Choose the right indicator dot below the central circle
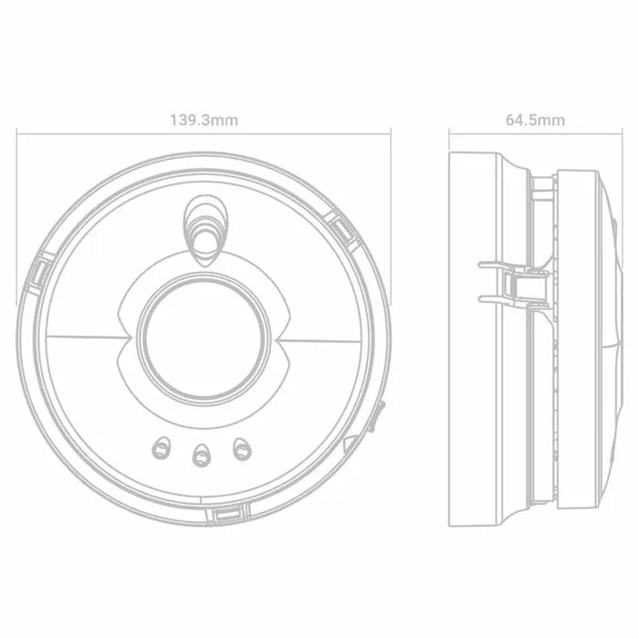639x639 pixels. (242, 447)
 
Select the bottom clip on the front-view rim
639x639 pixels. (224, 516)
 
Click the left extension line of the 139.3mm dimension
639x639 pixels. (16, 219)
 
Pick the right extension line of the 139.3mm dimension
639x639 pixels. (391, 219)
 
